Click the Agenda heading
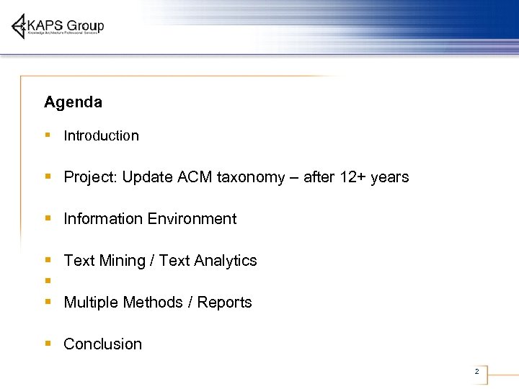(x=73, y=102)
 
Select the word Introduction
(x=101, y=135)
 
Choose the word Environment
(x=193, y=219)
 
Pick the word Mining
(x=120, y=261)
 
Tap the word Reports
(x=223, y=303)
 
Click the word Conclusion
(x=102, y=344)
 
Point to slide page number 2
(x=476, y=372)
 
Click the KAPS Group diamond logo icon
(x=19, y=27)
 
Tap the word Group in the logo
(x=87, y=26)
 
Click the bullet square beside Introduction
(x=47, y=135)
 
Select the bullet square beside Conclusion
(x=47, y=344)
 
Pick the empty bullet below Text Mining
(x=47, y=280)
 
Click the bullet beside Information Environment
(x=47, y=218)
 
